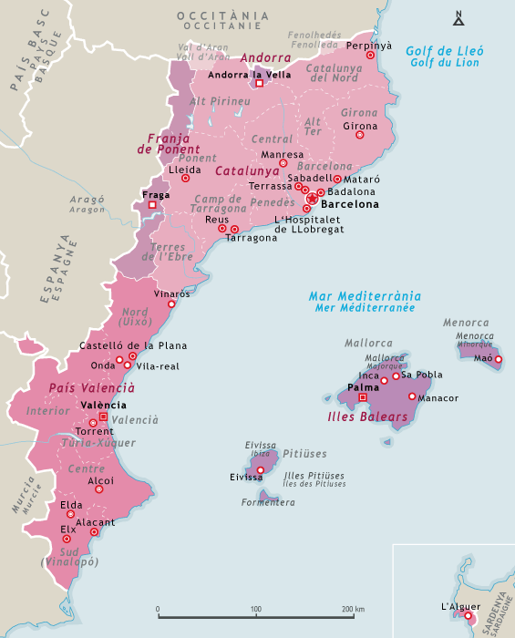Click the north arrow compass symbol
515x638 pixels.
[x=458, y=18]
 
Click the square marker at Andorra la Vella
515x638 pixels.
[x=259, y=83]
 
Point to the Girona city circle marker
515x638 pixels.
[x=359, y=135]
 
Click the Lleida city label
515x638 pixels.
[x=185, y=170]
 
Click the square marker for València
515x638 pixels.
[x=103, y=417]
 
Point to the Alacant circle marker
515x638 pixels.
[x=94, y=531]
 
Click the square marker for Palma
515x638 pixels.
[x=363, y=397]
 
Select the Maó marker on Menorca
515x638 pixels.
[x=498, y=359]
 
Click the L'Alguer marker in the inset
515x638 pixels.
[x=469, y=617]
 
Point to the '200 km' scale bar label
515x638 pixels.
[x=354, y=609]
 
